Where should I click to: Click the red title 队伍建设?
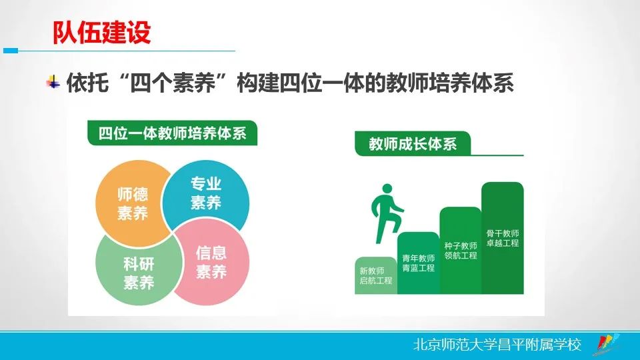(102, 32)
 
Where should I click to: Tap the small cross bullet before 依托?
(53, 82)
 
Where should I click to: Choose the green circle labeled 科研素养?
(138, 272)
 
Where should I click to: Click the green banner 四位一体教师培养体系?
(172, 133)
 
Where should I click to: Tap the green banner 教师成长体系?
(413, 144)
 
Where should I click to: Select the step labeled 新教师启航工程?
(375, 275)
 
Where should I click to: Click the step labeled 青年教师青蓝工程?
(418, 263)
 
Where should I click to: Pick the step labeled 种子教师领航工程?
(461, 251)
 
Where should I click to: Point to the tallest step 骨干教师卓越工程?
(503, 239)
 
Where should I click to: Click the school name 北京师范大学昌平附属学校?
(497, 345)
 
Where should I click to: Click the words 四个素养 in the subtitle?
(172, 83)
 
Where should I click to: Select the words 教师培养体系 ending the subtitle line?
(449, 83)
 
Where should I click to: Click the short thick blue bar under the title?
(11, 51)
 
